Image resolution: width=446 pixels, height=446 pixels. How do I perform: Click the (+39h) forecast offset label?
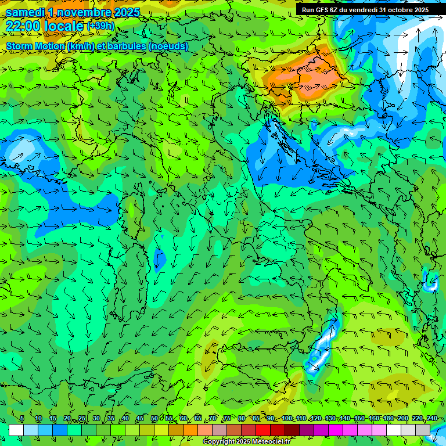pyautogui.click(x=100, y=26)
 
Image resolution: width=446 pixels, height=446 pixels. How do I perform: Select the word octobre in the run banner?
pyautogui.click(x=393, y=10)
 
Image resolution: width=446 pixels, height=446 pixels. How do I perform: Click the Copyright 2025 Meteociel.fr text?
pyautogui.click(x=246, y=442)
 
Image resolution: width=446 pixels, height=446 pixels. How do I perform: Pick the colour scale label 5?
pyautogui.click(x=22, y=419)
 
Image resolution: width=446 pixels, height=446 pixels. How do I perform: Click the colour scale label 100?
pyautogui.click(x=287, y=419)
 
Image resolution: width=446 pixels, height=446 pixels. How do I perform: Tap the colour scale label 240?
pyautogui.click(x=432, y=419)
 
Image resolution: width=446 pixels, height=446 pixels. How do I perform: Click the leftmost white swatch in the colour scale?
pyautogui.click(x=16, y=430)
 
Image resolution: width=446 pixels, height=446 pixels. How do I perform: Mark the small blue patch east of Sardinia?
pyautogui.click(x=159, y=258)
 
